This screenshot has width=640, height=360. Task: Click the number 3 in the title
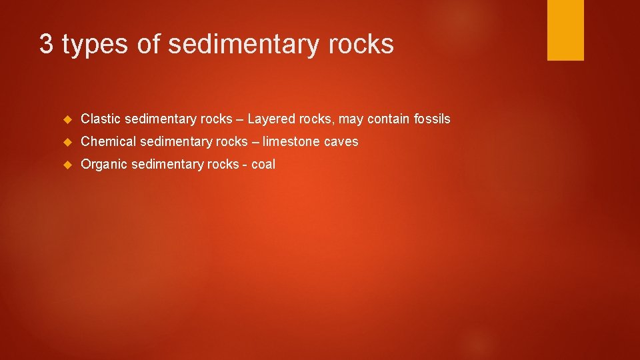(46, 45)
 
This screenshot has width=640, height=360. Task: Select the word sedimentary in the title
(244, 45)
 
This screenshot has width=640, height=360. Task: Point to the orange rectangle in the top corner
(565, 30)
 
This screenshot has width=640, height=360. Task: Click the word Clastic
(101, 119)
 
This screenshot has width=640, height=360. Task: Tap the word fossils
(431, 119)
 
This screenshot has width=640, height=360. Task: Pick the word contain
(385, 119)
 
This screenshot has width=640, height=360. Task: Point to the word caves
(343, 142)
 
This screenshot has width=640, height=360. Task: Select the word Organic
(104, 165)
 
